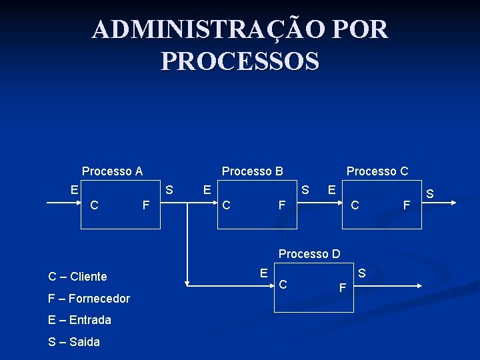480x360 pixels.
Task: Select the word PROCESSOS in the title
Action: tap(240, 61)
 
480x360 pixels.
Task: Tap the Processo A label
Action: tap(112, 171)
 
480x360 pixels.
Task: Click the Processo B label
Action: tap(252, 171)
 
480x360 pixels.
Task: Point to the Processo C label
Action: tap(377, 171)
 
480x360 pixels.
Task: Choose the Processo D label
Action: tap(309, 254)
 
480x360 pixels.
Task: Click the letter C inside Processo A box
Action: tap(95, 205)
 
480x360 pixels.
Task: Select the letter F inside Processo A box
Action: tap(146, 205)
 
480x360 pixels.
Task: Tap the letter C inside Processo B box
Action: tap(227, 205)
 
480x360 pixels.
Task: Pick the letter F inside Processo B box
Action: tap(283, 205)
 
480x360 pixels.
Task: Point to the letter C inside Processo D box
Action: tap(283, 285)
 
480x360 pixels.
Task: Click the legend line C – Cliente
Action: tap(77, 277)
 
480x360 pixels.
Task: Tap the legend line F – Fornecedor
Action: tap(89, 298)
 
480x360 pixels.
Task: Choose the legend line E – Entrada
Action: tap(79, 320)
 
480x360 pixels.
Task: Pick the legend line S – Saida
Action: tap(74, 342)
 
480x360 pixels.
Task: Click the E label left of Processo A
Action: tap(75, 189)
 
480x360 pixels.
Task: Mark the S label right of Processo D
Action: tap(362, 273)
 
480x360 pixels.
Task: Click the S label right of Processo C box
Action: tap(430, 194)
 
